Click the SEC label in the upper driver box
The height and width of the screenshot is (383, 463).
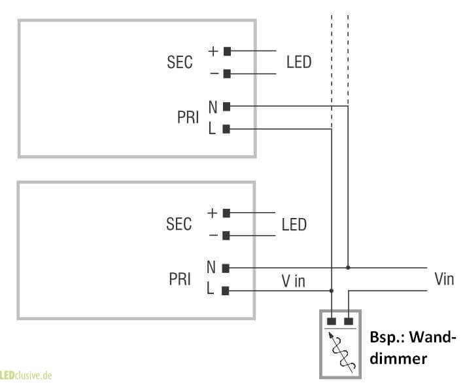(x=180, y=62)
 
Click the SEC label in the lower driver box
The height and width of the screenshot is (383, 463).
(x=179, y=224)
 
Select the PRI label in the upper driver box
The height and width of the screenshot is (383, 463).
(x=188, y=117)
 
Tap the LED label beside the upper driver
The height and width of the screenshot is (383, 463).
(x=299, y=62)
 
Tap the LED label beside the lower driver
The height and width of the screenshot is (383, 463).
(x=294, y=224)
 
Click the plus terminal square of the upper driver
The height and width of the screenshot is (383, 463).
(x=227, y=50)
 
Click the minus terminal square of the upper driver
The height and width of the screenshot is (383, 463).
(x=227, y=73)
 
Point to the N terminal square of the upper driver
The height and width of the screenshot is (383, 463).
(x=226, y=106)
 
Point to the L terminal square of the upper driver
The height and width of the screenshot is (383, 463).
(x=226, y=129)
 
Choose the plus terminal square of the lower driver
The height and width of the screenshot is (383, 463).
(x=226, y=212)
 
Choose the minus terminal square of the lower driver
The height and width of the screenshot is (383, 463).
(x=226, y=235)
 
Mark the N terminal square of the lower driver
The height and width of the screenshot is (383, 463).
(x=226, y=268)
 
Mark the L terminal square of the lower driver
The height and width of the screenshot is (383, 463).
(x=226, y=291)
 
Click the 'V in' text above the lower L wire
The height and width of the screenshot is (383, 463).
(x=293, y=281)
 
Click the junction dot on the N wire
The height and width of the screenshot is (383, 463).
(x=348, y=268)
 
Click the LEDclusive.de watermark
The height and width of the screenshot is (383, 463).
(x=26, y=376)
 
